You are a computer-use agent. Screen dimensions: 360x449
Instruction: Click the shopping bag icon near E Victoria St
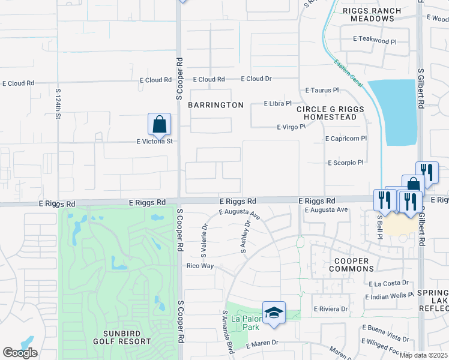[x=159, y=125]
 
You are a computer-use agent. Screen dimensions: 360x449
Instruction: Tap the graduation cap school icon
[x=274, y=313]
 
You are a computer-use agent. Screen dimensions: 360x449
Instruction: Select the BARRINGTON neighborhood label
[x=216, y=105]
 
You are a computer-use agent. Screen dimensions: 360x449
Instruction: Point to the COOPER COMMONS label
[x=346, y=264]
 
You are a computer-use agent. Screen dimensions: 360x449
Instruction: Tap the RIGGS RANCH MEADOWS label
[x=368, y=14]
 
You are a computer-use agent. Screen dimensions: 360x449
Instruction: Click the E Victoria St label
[x=154, y=142]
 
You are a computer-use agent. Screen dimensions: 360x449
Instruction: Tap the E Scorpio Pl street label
[x=346, y=163]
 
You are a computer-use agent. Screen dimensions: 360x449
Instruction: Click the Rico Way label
[x=200, y=266]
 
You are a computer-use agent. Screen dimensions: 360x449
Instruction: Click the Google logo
[x=20, y=353]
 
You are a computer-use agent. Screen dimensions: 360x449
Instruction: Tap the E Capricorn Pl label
[x=346, y=139]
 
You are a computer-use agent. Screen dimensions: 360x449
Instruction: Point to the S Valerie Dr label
[x=204, y=238]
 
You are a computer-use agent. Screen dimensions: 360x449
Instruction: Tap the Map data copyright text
[x=424, y=355]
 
